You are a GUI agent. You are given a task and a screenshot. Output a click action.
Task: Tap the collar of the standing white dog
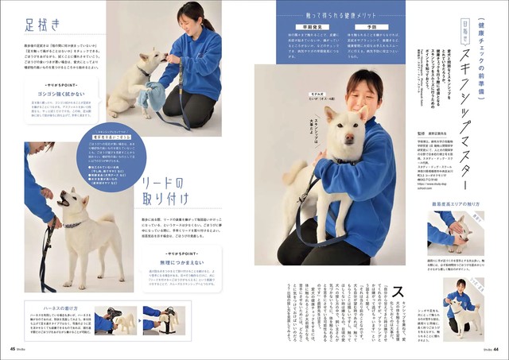[72, 226]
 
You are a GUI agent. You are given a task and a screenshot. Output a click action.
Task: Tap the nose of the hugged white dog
[351, 135]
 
